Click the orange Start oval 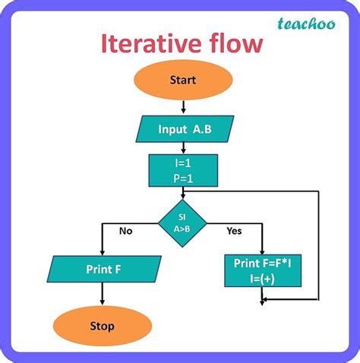pyautogui.click(x=183, y=80)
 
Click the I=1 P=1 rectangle pyautogui.click(x=183, y=170)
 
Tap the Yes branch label pyautogui.click(x=234, y=231)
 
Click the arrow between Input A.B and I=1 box pyautogui.click(x=183, y=147)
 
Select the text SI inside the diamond pyautogui.click(x=182, y=216)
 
